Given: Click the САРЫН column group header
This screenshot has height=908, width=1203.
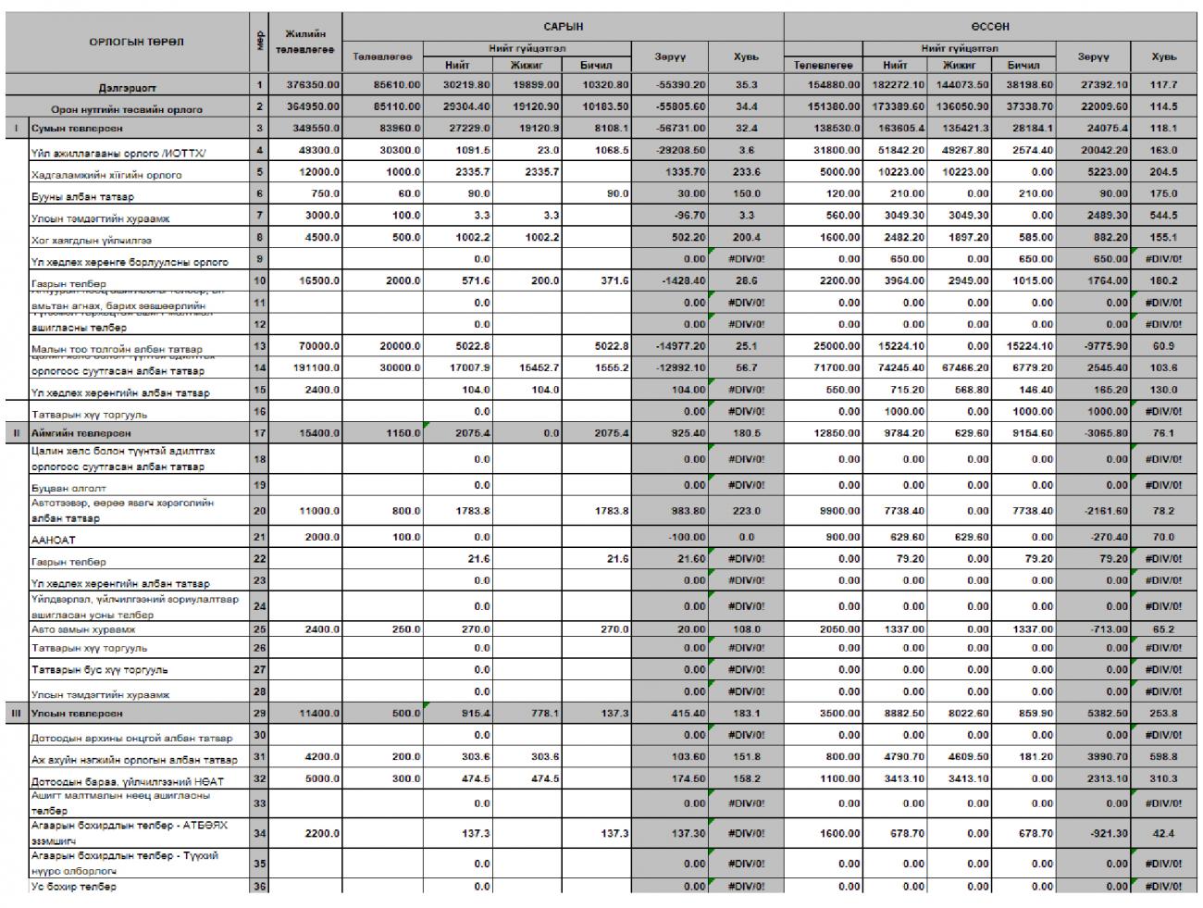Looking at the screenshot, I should point(563,26).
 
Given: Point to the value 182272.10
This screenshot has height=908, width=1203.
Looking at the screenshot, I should point(895,85).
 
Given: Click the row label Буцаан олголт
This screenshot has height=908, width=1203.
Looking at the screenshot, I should point(69,488).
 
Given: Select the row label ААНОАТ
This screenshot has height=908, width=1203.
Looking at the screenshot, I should point(54,540).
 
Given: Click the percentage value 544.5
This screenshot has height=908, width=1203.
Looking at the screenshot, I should point(1163,216).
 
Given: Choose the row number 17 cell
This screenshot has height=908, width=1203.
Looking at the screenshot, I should point(259,432).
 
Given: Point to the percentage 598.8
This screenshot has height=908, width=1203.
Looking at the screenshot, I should point(1163,757).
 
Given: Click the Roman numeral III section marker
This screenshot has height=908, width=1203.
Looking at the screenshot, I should point(15,714).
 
